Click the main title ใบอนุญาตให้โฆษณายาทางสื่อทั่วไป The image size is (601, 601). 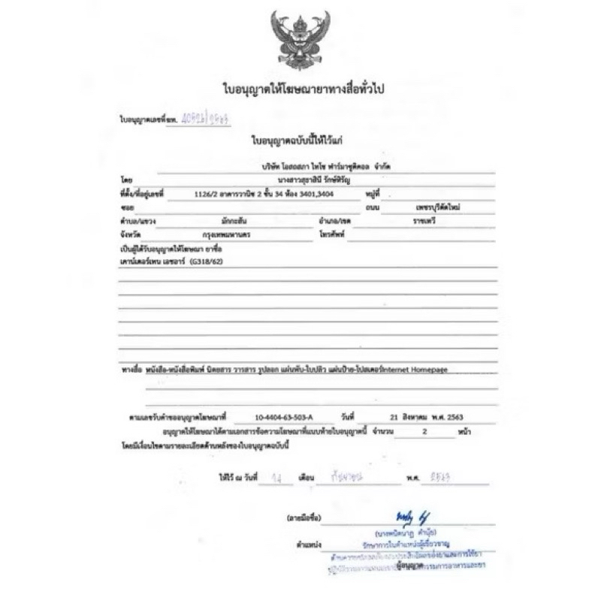(299, 89)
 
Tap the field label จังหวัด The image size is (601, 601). (131, 234)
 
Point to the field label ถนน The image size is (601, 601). (348, 207)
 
